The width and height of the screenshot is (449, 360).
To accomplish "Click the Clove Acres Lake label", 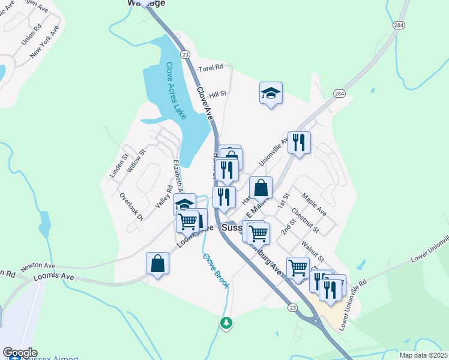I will pos(176,89).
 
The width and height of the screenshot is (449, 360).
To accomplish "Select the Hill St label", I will pos(217,94).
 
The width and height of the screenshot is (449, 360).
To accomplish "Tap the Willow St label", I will pos(136,161).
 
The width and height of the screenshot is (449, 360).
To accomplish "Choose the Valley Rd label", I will pos(160,197).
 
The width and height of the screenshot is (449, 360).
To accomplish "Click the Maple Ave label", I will pos(315,205).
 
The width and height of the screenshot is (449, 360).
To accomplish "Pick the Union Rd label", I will pos(31,35).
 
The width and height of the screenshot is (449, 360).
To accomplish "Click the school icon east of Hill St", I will pos(271,93).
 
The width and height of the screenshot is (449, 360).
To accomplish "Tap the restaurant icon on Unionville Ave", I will pos(299,143).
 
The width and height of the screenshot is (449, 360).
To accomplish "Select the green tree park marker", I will pos(226,323).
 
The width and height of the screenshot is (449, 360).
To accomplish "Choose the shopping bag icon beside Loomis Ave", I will pos(157,263).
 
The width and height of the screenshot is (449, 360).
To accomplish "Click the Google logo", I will pos(20,353).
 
